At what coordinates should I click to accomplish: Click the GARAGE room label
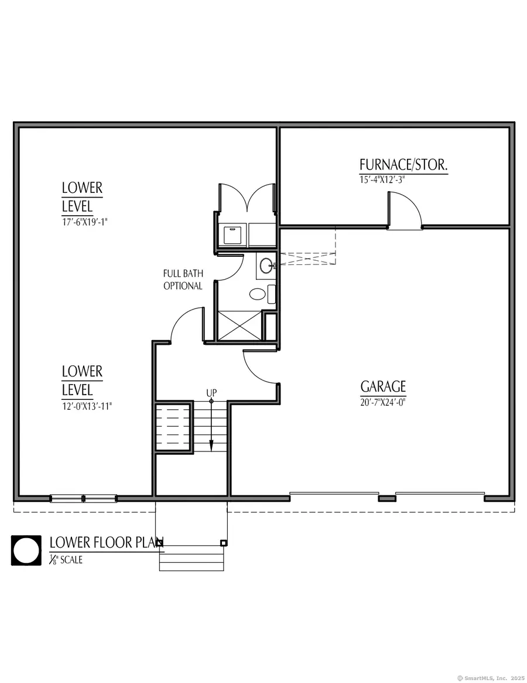pyautogui.click(x=383, y=387)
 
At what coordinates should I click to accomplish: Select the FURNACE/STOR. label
pyautogui.click(x=403, y=165)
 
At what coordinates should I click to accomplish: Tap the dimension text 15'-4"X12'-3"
pyautogui.click(x=382, y=180)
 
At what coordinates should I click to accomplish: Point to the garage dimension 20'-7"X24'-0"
pyautogui.click(x=383, y=402)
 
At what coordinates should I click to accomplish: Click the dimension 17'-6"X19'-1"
pyautogui.click(x=85, y=222)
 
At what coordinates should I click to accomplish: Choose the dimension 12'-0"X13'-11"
pyautogui.click(x=87, y=405)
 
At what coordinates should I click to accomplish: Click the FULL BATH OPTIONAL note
pyautogui.click(x=183, y=280)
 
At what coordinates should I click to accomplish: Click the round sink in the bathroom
pyautogui.click(x=265, y=265)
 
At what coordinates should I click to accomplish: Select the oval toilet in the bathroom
pyautogui.click(x=257, y=293)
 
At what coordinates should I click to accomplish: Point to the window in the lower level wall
pyautogui.click(x=83, y=498)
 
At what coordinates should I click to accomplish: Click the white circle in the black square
pyautogui.click(x=26, y=551)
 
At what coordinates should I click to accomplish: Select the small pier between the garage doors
pyautogui.click(x=386, y=498)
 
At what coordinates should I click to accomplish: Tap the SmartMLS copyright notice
pyautogui.click(x=490, y=678)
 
